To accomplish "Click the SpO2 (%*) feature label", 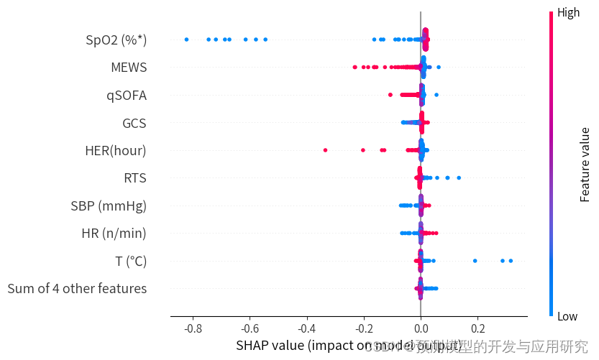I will pos(116,40).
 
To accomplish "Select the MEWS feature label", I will pos(129,68).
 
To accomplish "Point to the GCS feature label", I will pos(134,123).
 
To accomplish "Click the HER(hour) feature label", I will pos(115,150).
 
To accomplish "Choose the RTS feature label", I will pos(134,178).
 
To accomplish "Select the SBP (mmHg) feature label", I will pos(109,206).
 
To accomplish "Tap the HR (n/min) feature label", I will pos(114,233).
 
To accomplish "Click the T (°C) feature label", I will pos(131,261).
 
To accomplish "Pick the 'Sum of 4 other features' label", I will pos(77,288).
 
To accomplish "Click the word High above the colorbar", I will pos(569,12).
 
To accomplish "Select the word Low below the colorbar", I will pos(567,317).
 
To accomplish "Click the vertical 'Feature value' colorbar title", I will pos(585,165).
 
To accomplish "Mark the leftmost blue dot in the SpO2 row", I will pos(186,40).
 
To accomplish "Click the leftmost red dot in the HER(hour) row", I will pos(326,150).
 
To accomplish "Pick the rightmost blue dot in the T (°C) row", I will pos(511,261).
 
